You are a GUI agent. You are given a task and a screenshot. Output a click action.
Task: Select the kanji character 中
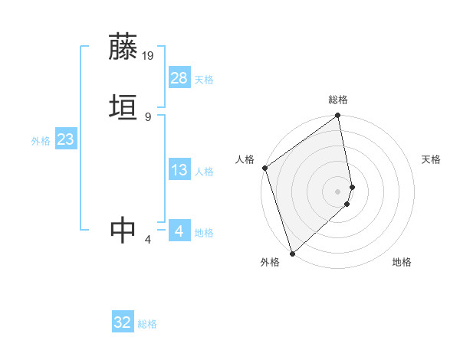pos(123,230)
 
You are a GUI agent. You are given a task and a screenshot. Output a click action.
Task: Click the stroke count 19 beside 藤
pos(148,55)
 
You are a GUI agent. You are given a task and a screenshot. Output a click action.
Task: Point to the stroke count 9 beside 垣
pos(148,116)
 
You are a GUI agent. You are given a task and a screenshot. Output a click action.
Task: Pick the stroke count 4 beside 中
pos(148,240)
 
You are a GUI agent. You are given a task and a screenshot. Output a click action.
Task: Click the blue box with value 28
pos(179,78)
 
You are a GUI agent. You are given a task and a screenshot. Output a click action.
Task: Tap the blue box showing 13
pos(179,170)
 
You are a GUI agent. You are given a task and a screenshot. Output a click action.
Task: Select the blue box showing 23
pos(65,139)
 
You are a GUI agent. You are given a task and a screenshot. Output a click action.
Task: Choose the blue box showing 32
pos(123,323)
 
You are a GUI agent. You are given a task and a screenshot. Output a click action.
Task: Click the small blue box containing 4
pos(179,231)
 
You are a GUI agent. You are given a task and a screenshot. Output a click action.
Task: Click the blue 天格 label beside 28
pos(204,80)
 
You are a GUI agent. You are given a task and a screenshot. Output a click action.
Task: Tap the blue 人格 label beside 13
pos(204,172)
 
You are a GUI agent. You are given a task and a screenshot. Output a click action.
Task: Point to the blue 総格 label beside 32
pos(147,324)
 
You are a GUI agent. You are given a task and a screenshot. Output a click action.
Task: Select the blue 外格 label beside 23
pos(41,141)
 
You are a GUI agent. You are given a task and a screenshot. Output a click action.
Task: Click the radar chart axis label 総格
pos(338,100)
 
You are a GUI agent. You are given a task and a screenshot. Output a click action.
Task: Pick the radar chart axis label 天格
pos(431,159)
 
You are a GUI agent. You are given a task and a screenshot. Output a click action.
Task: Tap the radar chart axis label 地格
pos(402,262)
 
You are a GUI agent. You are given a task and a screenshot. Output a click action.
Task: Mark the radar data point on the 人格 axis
pos(264,168)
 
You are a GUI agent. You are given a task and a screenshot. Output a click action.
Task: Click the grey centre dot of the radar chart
pos(338,191)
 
